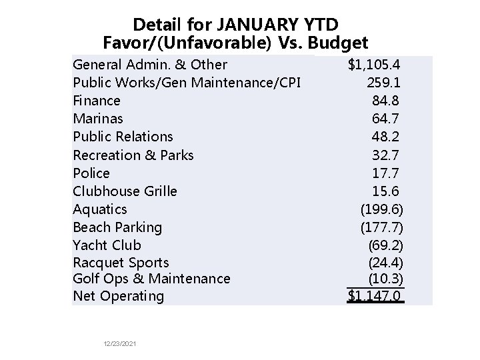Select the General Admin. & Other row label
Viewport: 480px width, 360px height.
150,65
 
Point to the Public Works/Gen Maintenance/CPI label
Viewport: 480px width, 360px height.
187,83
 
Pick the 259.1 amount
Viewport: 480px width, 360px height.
385,83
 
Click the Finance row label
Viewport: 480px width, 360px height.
97,101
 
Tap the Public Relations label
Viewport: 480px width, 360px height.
123,137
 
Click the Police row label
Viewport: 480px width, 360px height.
91,173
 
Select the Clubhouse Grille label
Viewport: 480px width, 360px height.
125,191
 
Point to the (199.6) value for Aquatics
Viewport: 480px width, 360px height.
382,209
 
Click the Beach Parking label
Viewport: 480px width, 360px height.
117,227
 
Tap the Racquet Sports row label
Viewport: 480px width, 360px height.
121,263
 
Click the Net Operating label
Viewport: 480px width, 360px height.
118,296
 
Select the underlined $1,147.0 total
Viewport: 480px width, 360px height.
376,296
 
